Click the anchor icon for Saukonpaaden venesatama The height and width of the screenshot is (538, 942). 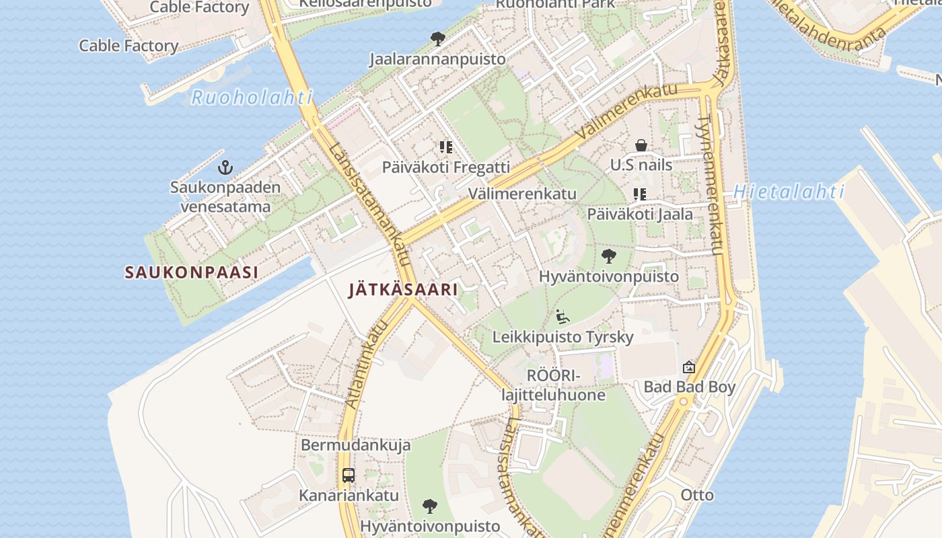coord(225,167)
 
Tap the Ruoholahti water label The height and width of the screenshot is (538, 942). coord(252,98)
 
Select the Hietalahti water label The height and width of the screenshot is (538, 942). coord(789,192)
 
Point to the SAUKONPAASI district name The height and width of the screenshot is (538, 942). coord(192,272)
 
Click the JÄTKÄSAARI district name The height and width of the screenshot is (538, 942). coord(403,290)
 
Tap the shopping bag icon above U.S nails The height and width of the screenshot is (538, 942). coord(641,145)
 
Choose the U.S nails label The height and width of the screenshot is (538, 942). coord(641,165)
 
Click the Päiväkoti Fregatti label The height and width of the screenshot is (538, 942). coord(445,167)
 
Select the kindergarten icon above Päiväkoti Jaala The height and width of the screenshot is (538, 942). coord(639,195)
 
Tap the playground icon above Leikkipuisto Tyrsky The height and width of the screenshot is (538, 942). coord(563,316)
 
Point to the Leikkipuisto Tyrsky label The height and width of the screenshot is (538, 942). coord(563,336)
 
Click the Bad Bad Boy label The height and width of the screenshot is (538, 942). coord(689,387)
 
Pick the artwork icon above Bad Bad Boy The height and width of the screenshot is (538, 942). coord(688,367)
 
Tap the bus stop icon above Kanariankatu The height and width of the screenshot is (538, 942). coord(348,475)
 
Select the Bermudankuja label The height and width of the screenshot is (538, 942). coord(355,445)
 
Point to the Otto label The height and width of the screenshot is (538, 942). coord(697,495)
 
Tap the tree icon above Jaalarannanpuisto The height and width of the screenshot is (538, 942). coord(437,39)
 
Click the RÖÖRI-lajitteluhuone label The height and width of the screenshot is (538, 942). coord(553,385)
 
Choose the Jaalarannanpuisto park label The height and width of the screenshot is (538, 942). coord(437,59)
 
